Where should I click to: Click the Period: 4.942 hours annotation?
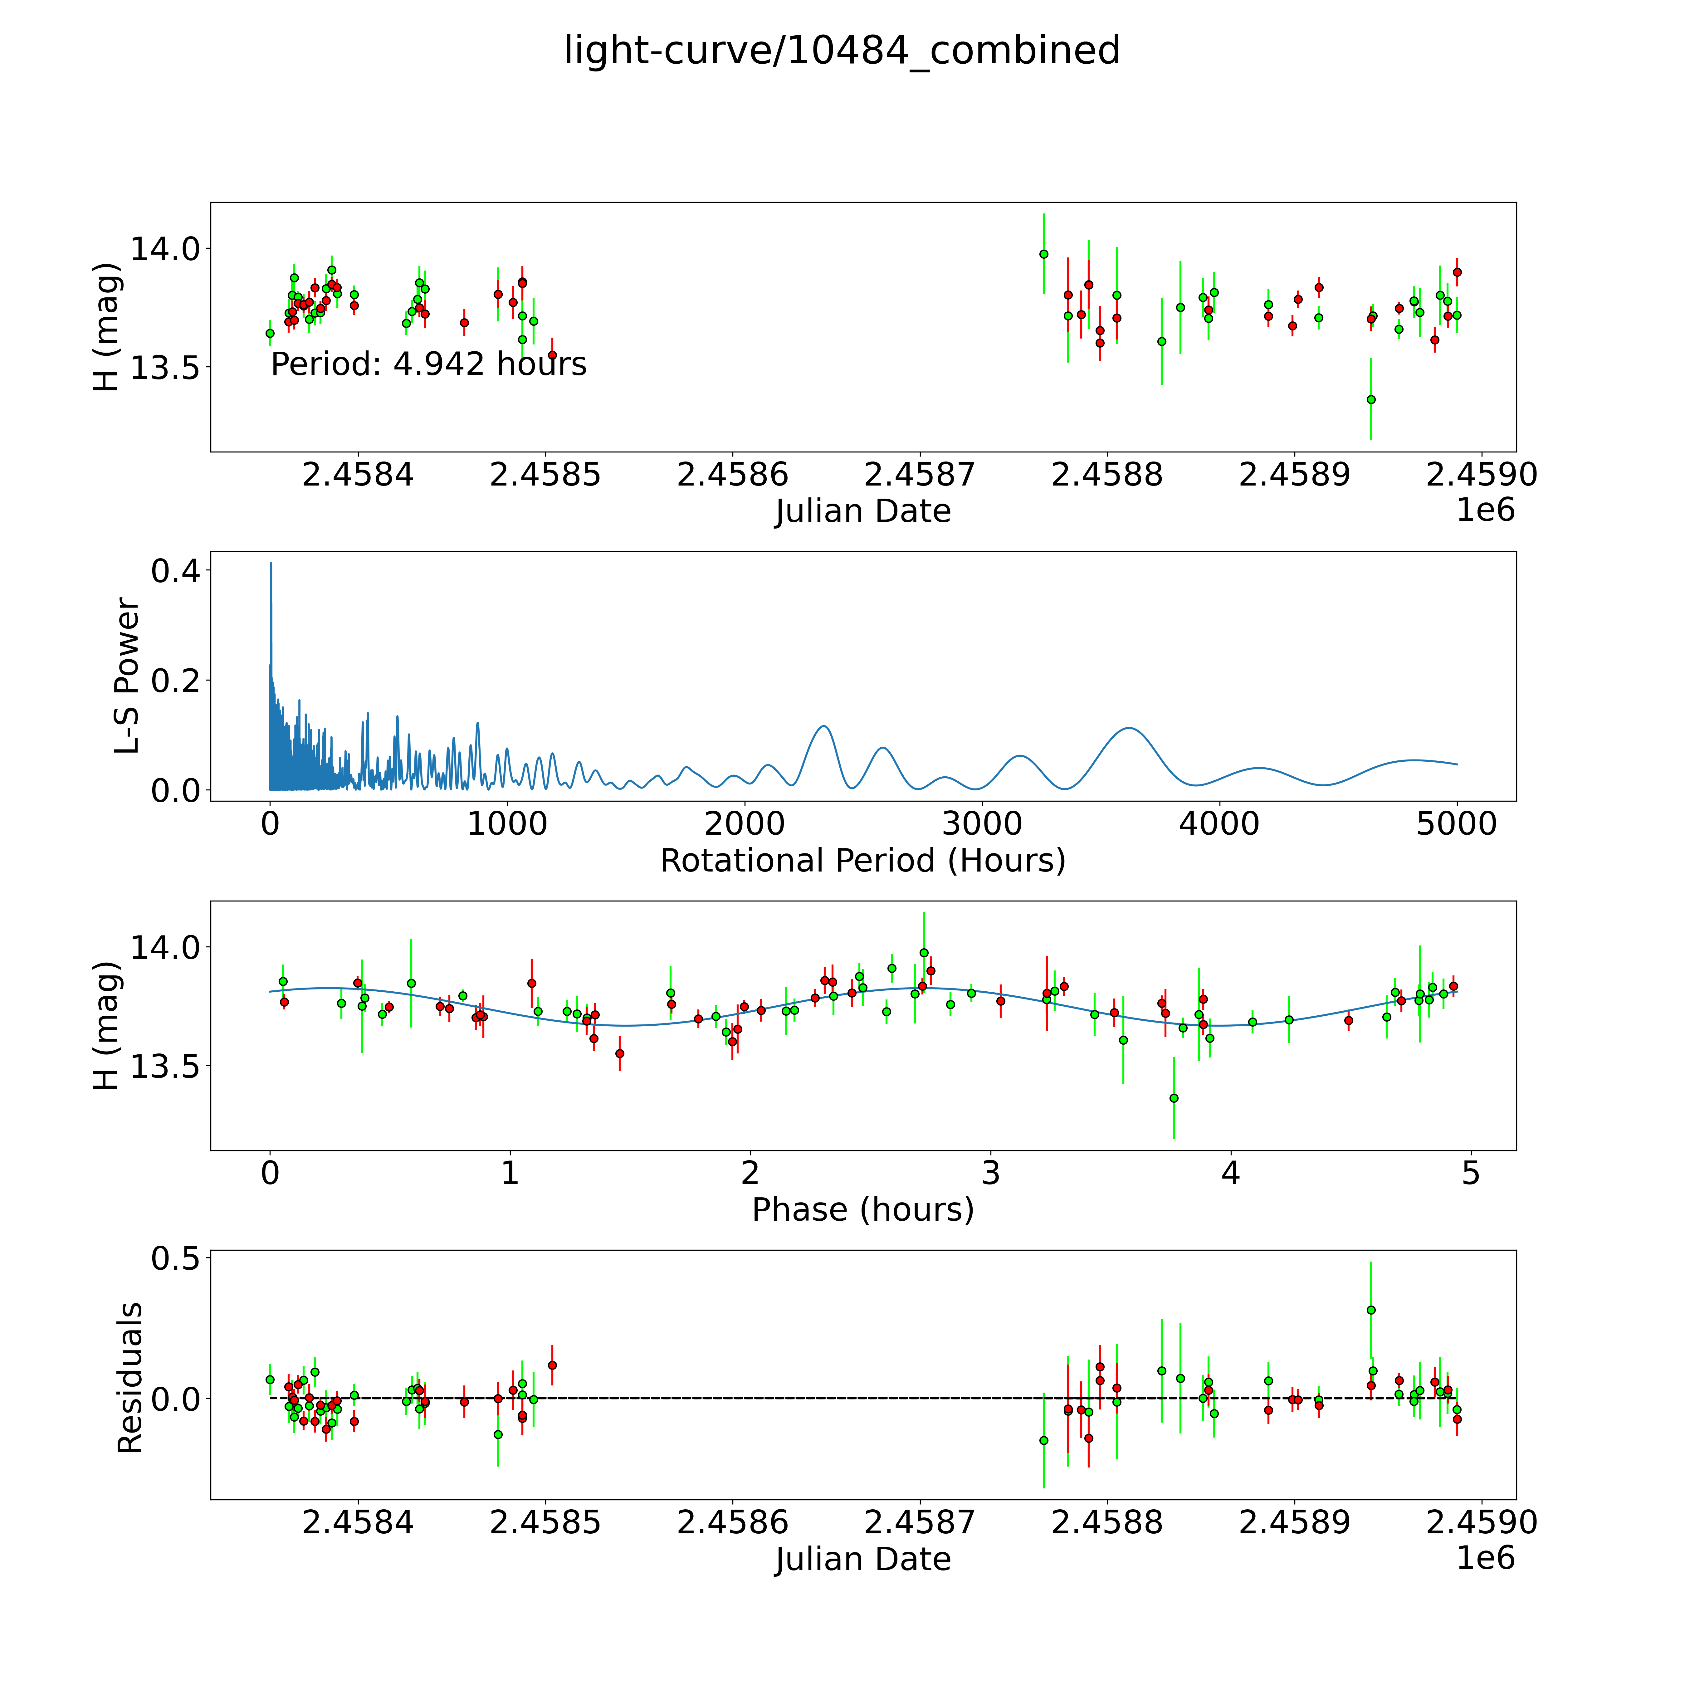[x=428, y=364]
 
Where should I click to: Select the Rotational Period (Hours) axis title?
[x=862, y=861]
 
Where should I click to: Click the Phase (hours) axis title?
[x=862, y=1210]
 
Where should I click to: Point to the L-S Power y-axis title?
[x=127, y=676]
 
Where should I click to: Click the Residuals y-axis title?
[x=129, y=1378]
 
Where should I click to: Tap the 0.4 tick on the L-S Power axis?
[x=175, y=571]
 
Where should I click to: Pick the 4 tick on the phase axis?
[x=1231, y=1173]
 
